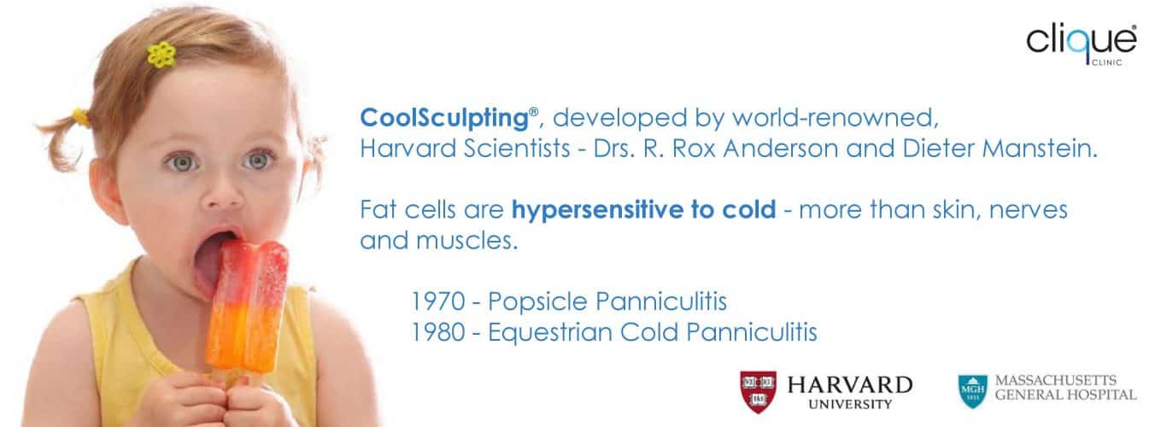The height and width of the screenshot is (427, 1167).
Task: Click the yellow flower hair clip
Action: click(161, 54)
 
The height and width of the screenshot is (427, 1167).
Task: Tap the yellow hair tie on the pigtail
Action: click(81, 117)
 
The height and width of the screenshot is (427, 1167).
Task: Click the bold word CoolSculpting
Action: click(444, 118)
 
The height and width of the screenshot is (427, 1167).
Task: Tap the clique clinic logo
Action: click(1082, 45)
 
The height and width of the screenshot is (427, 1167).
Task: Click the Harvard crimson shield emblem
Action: click(758, 392)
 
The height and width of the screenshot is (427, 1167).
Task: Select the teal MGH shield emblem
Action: click(972, 391)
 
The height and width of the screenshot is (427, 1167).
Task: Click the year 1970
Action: click(438, 301)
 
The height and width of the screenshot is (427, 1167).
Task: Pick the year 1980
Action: click(438, 332)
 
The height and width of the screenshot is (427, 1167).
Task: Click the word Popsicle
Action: click(537, 302)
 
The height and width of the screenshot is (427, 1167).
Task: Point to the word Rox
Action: click(694, 149)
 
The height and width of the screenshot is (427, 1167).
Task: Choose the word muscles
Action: click(466, 241)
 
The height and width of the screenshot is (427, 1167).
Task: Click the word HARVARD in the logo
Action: click(850, 385)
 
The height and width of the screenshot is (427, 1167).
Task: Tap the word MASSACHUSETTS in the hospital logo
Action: click(1055, 380)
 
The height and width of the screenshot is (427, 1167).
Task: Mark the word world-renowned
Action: click(836, 118)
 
